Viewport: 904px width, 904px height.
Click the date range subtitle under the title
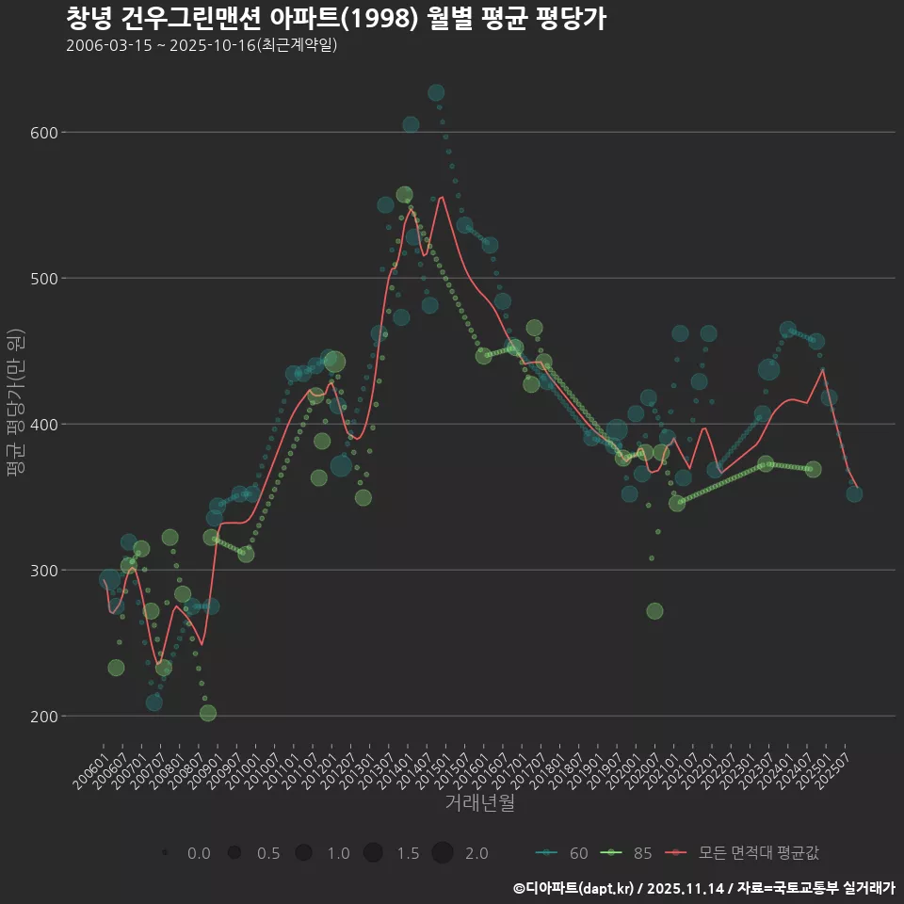(202, 46)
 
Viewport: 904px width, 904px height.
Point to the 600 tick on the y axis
(45, 133)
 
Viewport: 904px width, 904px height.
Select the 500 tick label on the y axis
(45, 279)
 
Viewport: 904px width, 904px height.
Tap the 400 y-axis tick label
(45, 425)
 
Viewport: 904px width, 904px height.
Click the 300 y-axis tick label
(45, 571)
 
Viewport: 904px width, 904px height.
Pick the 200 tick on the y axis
(45, 717)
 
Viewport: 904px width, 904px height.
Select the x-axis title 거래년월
(479, 803)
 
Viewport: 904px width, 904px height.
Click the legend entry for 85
(627, 853)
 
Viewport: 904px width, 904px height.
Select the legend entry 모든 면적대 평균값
(744, 853)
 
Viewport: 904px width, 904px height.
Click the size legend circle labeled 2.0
(443, 853)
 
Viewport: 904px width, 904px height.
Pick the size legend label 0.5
(268, 853)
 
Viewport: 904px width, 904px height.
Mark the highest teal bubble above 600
(436, 92)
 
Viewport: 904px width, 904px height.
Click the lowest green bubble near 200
(208, 713)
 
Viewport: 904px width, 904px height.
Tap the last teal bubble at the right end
(854, 493)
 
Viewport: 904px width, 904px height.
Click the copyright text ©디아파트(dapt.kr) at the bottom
(574, 888)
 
